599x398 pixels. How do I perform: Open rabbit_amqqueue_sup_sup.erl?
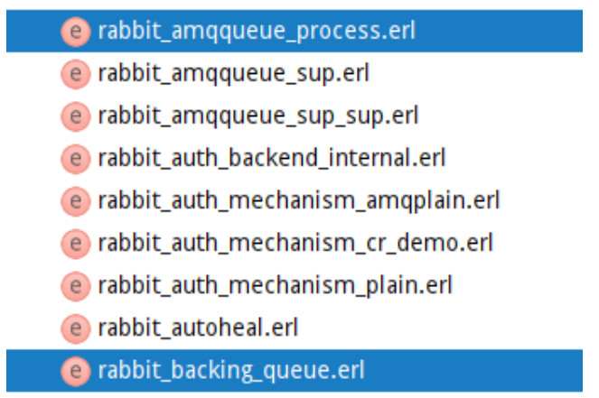257,116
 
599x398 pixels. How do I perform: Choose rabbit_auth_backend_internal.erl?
271,158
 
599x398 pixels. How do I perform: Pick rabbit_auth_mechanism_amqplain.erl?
298,200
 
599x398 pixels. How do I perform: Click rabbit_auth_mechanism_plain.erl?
275,285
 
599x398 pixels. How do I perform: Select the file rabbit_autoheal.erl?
198,328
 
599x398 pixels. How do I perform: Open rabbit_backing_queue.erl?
231,370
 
